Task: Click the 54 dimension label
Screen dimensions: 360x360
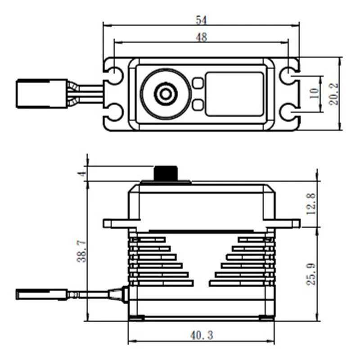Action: (201, 19)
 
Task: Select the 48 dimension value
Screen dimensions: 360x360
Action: (201, 37)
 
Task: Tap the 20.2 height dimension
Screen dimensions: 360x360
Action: (333, 94)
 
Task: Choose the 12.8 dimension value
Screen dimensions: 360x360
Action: (310, 203)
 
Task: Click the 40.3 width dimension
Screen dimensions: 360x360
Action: (201, 335)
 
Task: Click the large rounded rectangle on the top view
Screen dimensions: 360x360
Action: (234, 94)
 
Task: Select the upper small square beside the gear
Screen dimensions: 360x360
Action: (197, 83)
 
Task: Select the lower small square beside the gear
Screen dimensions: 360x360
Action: (197, 105)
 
